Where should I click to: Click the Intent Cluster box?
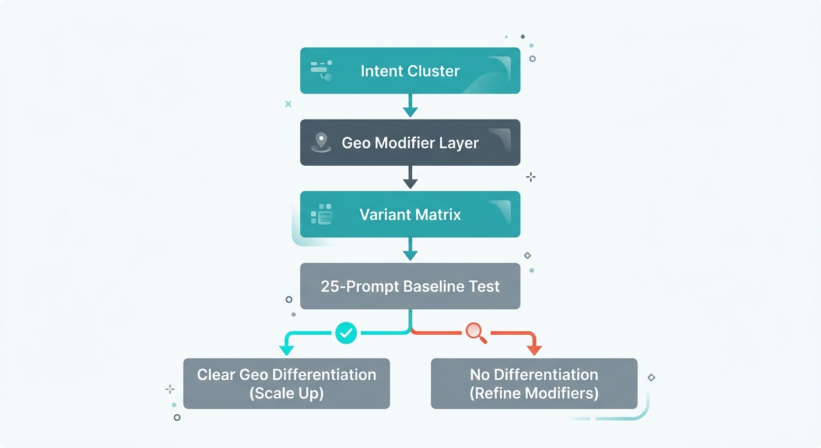tap(410, 71)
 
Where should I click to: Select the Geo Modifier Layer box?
tap(410, 143)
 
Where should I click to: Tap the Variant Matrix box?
tap(410, 215)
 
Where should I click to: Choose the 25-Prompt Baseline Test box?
tap(410, 286)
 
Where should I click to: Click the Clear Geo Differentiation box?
tap(286, 383)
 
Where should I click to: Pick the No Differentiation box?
tap(534, 383)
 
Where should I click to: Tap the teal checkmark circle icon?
tap(346, 333)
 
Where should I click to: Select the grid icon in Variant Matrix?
tap(321, 215)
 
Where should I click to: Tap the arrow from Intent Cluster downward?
tap(410, 106)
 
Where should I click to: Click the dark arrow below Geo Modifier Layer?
tap(410, 178)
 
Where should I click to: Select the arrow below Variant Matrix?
tap(410, 250)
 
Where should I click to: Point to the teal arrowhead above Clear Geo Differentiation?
tap(286, 349)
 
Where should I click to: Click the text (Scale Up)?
tap(286, 393)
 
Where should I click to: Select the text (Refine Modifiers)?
tap(534, 393)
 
